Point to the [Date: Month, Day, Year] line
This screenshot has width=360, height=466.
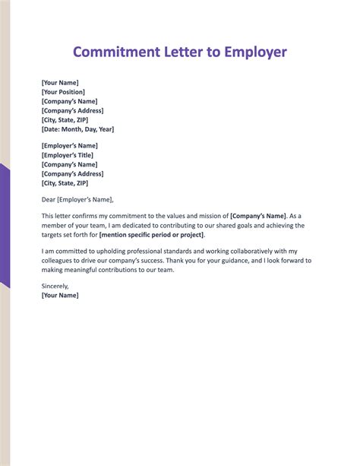[77, 129]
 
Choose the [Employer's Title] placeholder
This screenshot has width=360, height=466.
[68, 155]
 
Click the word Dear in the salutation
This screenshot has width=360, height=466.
[49, 200]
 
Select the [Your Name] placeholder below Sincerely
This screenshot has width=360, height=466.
[60, 295]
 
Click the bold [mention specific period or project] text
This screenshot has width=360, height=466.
[152, 235]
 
